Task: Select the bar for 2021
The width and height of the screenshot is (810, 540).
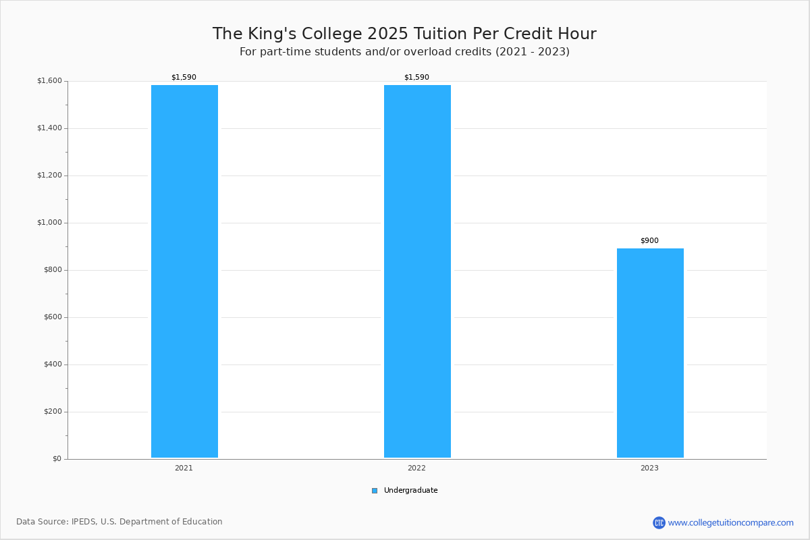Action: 184,271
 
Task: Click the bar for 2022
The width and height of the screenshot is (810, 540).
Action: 417,271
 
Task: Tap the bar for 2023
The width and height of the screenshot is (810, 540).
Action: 650,353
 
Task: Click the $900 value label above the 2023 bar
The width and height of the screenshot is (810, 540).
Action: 649,240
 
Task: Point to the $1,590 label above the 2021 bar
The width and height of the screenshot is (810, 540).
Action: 184,77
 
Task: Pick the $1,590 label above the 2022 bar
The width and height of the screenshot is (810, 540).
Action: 416,77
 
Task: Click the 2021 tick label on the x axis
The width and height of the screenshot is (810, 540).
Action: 184,468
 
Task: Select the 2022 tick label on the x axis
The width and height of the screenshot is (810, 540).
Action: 416,468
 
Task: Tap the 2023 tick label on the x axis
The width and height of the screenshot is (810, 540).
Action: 649,468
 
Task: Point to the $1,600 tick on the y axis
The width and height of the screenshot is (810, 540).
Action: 49,80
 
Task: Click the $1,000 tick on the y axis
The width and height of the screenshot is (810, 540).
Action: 49,223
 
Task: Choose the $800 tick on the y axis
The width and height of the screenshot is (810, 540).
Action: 53,270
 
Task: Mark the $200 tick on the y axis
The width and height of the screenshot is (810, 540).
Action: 53,412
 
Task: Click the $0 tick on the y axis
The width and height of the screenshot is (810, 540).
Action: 57,459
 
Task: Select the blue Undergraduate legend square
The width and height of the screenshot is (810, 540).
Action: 375,491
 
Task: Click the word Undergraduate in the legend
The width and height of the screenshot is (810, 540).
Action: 411,491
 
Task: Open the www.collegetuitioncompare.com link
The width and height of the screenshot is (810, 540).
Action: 731,523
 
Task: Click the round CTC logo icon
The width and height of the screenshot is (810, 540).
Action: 659,522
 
